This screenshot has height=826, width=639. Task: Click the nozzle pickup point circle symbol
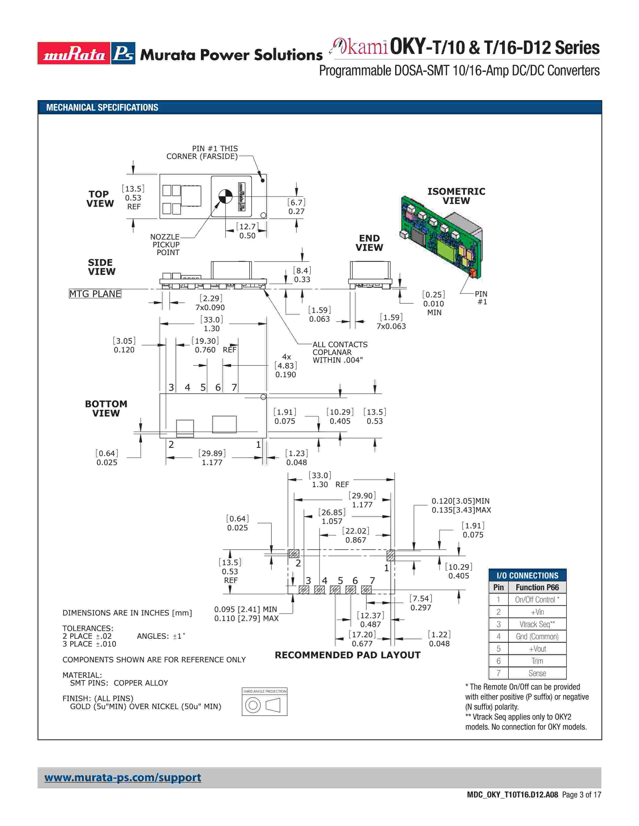coord(225,196)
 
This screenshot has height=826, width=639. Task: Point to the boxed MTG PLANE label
coord(95,294)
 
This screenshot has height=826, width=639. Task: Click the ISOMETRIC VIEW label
coord(456,196)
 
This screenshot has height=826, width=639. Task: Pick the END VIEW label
coord(369,243)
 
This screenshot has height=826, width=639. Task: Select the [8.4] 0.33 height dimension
coord(302,275)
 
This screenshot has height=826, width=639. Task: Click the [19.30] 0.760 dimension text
coord(205,345)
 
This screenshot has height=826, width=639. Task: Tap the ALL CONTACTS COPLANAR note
coord(340,352)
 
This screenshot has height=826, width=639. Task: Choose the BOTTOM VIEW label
coord(106,408)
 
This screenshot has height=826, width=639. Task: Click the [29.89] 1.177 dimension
coord(212,458)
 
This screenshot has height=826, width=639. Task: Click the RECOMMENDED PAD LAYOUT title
coord(348,655)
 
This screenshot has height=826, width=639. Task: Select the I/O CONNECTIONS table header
coord(527,575)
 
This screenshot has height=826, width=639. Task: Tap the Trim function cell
coord(537,661)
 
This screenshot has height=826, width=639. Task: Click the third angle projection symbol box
coord(264,702)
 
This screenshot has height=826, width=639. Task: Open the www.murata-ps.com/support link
coord(123,778)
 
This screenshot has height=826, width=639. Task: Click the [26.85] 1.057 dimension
coord(332,517)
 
